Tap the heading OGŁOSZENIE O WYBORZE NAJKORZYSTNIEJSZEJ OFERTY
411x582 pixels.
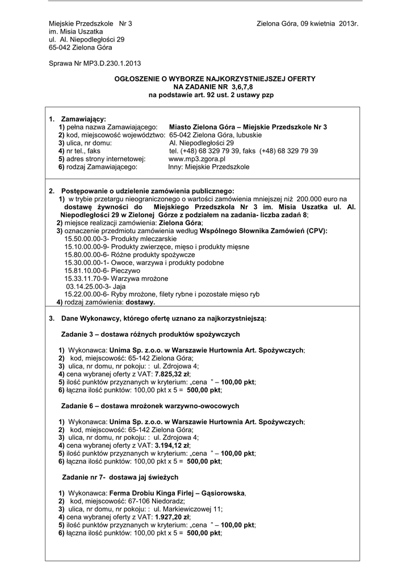click(x=211, y=78)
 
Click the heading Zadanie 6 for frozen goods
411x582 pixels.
click(x=150, y=406)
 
